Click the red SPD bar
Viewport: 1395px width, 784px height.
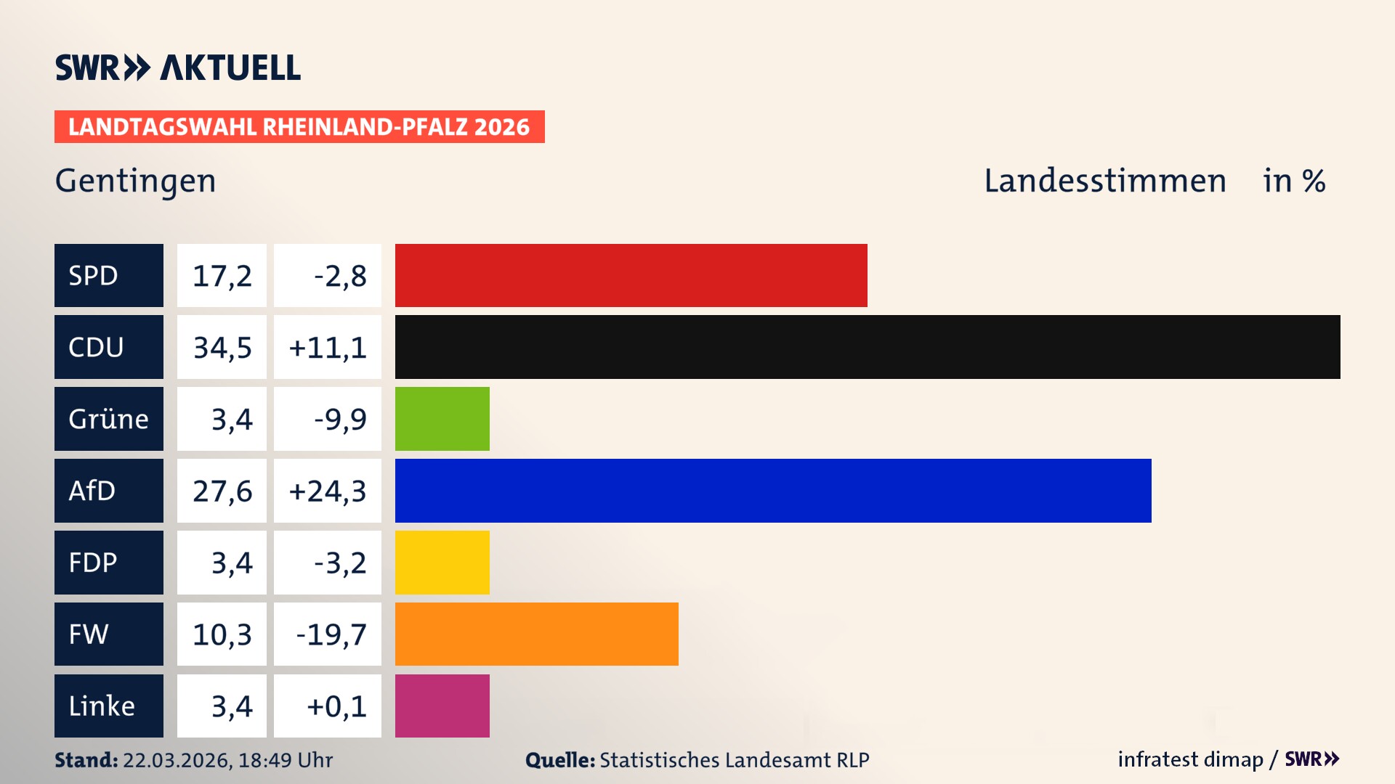point(631,275)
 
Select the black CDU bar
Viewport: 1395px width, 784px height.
point(868,347)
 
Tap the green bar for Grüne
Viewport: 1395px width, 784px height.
point(442,419)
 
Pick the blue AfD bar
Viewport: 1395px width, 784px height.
point(773,491)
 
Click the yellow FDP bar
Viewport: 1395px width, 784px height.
point(442,563)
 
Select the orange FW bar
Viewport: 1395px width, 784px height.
point(536,634)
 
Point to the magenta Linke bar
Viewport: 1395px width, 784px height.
point(442,706)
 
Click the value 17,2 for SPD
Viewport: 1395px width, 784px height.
point(222,276)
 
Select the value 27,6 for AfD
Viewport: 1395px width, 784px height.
point(222,491)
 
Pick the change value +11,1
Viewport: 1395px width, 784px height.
point(328,348)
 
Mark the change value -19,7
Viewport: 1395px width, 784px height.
point(331,634)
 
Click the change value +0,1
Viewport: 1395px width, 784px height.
point(336,706)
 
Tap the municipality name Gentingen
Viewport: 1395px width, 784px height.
point(135,181)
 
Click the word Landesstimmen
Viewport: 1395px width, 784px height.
point(1104,181)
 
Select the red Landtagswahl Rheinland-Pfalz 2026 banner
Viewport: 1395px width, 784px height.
point(299,126)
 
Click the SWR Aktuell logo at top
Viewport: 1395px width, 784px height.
point(177,68)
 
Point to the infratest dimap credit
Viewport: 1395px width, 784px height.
point(1190,759)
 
